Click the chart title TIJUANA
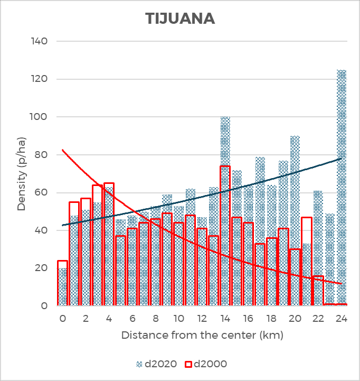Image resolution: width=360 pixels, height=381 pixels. coord(180,18)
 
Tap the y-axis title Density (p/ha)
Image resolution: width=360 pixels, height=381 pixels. coord(22,173)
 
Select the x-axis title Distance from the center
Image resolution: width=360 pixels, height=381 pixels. coord(202,335)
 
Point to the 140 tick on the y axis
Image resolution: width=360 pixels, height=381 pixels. coord(40,41)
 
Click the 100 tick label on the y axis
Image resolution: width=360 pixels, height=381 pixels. coord(40,117)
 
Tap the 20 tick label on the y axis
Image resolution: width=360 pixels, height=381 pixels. coord(42,268)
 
